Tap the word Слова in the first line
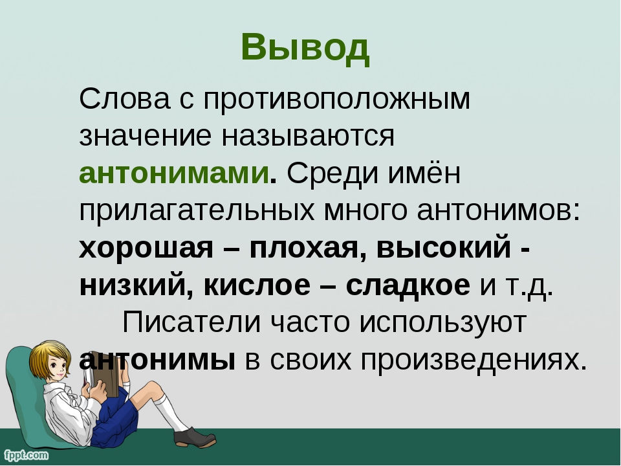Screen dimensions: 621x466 click(125, 98)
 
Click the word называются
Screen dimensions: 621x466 click(308, 137)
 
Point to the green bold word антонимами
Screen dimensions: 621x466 click(174, 173)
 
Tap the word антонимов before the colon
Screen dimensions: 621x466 click(494, 211)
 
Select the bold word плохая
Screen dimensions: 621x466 click(304, 249)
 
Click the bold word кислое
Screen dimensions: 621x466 click(257, 285)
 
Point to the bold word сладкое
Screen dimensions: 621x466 click(408, 285)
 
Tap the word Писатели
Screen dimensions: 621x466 click(192, 322)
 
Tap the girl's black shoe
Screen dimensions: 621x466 click(195, 437)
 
